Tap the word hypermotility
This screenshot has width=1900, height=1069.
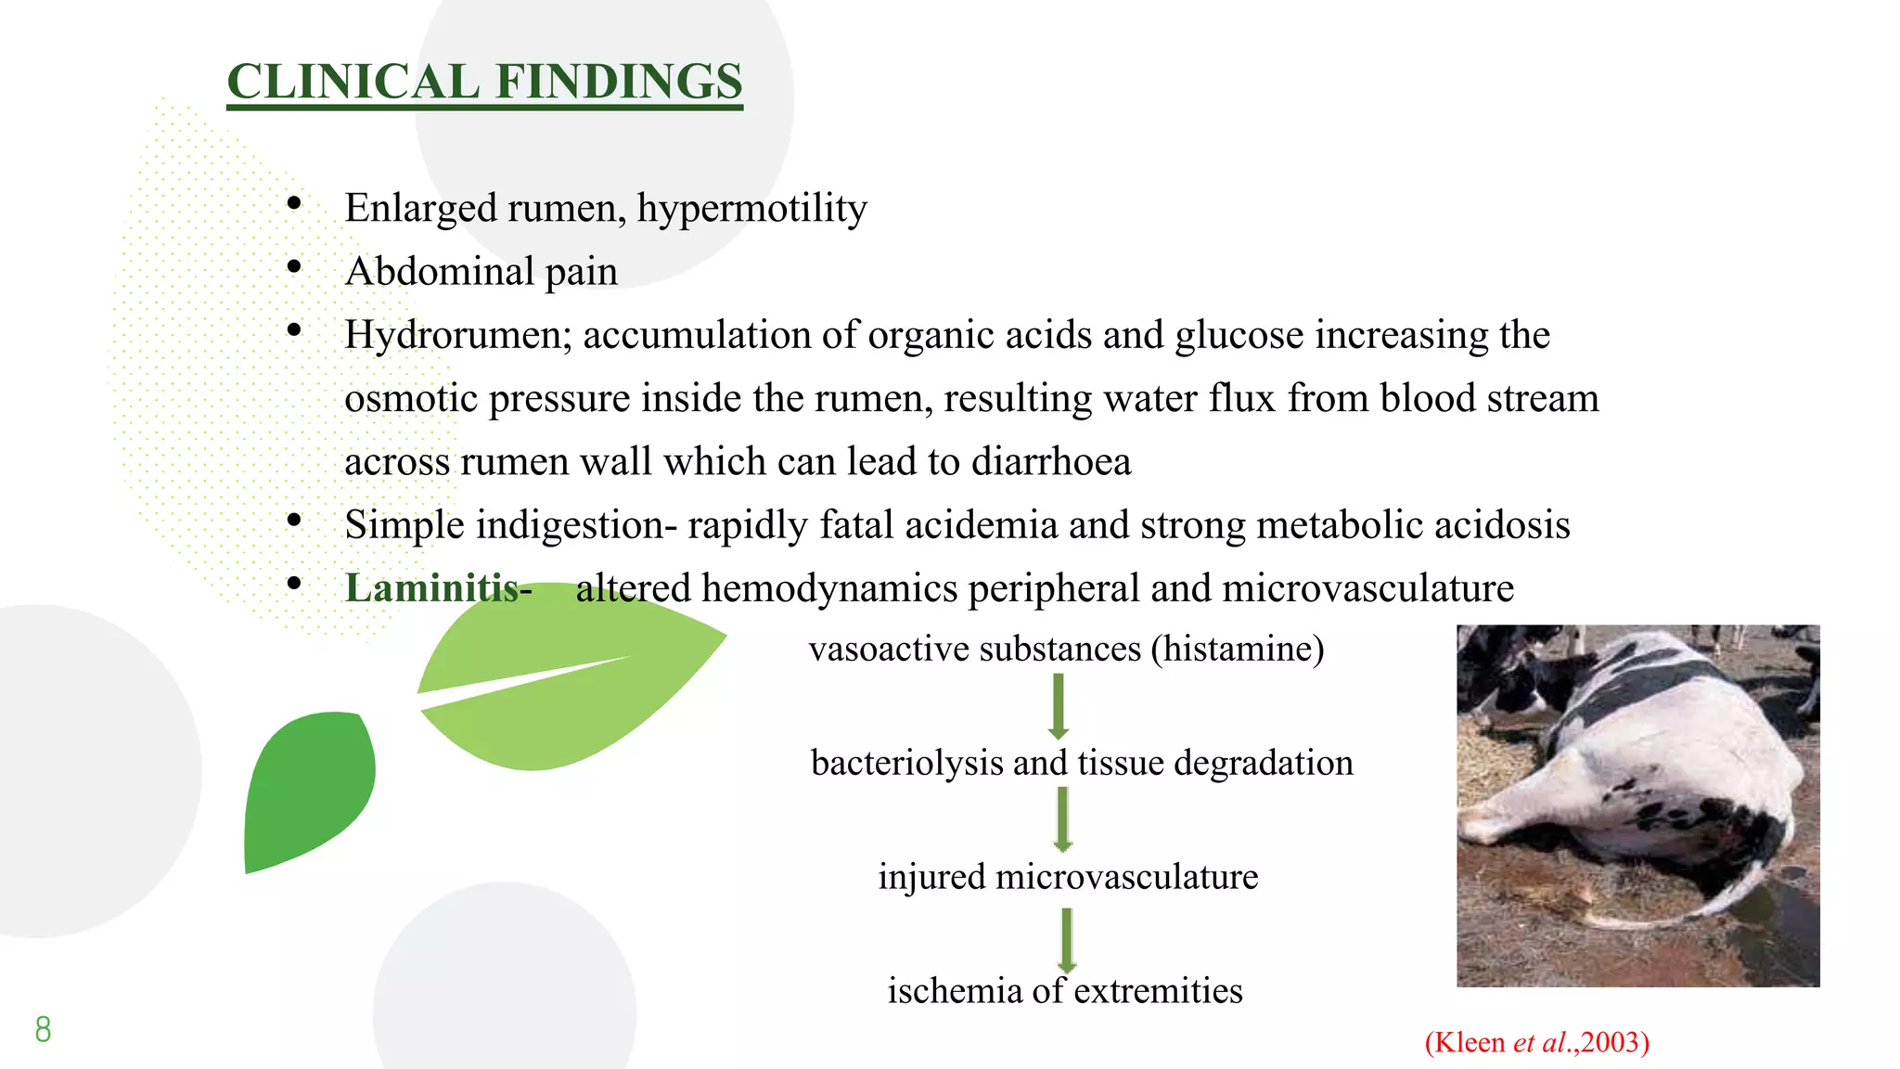click(751, 209)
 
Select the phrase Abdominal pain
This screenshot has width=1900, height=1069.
click(481, 272)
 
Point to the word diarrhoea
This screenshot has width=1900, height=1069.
click(1050, 462)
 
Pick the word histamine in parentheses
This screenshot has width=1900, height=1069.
click(1238, 649)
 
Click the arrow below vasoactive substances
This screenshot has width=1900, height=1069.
click(1058, 705)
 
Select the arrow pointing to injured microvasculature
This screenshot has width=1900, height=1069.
click(1063, 819)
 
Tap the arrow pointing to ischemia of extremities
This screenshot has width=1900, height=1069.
click(1067, 939)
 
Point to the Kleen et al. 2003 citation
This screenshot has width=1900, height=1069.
click(1536, 1042)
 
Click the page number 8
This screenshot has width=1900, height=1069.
click(43, 1029)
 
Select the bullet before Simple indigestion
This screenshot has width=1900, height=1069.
click(294, 521)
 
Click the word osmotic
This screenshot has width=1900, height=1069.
click(410, 399)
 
